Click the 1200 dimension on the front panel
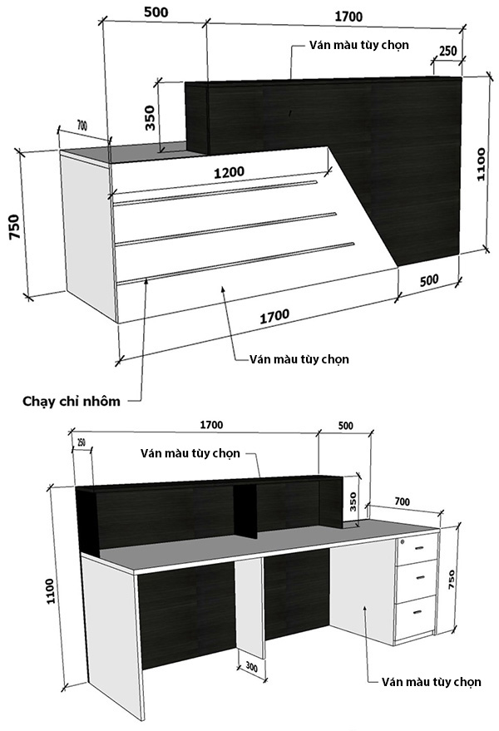click(228, 172)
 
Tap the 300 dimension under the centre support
click(252, 666)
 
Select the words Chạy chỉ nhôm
click(72, 401)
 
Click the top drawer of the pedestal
click(417, 546)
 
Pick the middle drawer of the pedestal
click(416, 576)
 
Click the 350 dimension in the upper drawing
click(150, 117)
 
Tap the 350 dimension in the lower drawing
click(353, 502)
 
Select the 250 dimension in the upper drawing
click(447, 51)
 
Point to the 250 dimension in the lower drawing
click(81, 441)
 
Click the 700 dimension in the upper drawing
click(82, 125)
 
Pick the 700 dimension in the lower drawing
click(402, 502)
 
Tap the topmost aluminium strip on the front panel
click(216, 190)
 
